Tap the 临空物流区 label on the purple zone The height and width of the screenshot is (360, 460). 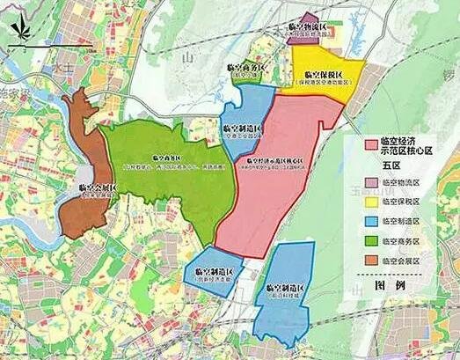(x=307, y=29)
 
